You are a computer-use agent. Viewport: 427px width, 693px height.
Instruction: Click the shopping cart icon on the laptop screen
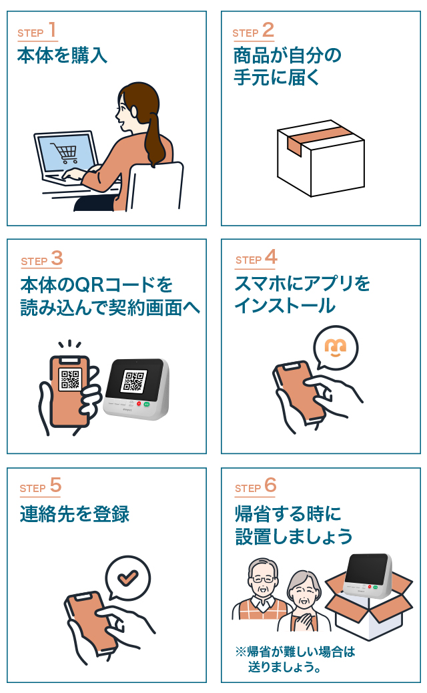point(67,154)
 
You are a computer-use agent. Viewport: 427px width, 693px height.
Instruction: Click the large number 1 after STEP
point(53,30)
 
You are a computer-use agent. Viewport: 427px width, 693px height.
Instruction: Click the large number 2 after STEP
point(268,30)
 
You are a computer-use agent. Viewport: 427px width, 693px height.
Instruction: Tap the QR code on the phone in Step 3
point(69,379)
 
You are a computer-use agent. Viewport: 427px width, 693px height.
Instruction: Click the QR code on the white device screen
point(133,380)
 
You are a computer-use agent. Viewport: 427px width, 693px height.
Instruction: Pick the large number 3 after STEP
point(57,258)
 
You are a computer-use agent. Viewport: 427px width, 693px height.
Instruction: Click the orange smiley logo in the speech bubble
point(336,346)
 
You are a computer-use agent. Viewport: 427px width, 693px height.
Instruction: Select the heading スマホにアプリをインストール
point(302,294)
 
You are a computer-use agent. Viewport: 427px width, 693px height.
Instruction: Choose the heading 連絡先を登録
point(75,514)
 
